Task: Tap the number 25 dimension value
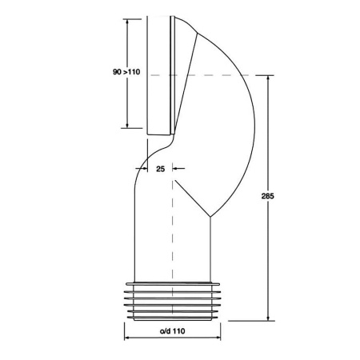click(x=160, y=169)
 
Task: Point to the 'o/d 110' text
click(x=169, y=331)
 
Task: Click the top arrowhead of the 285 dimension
click(x=267, y=78)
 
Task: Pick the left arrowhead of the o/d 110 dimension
click(x=127, y=338)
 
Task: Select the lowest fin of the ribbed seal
click(x=170, y=317)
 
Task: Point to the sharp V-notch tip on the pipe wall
click(x=210, y=217)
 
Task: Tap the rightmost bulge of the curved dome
click(x=254, y=112)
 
